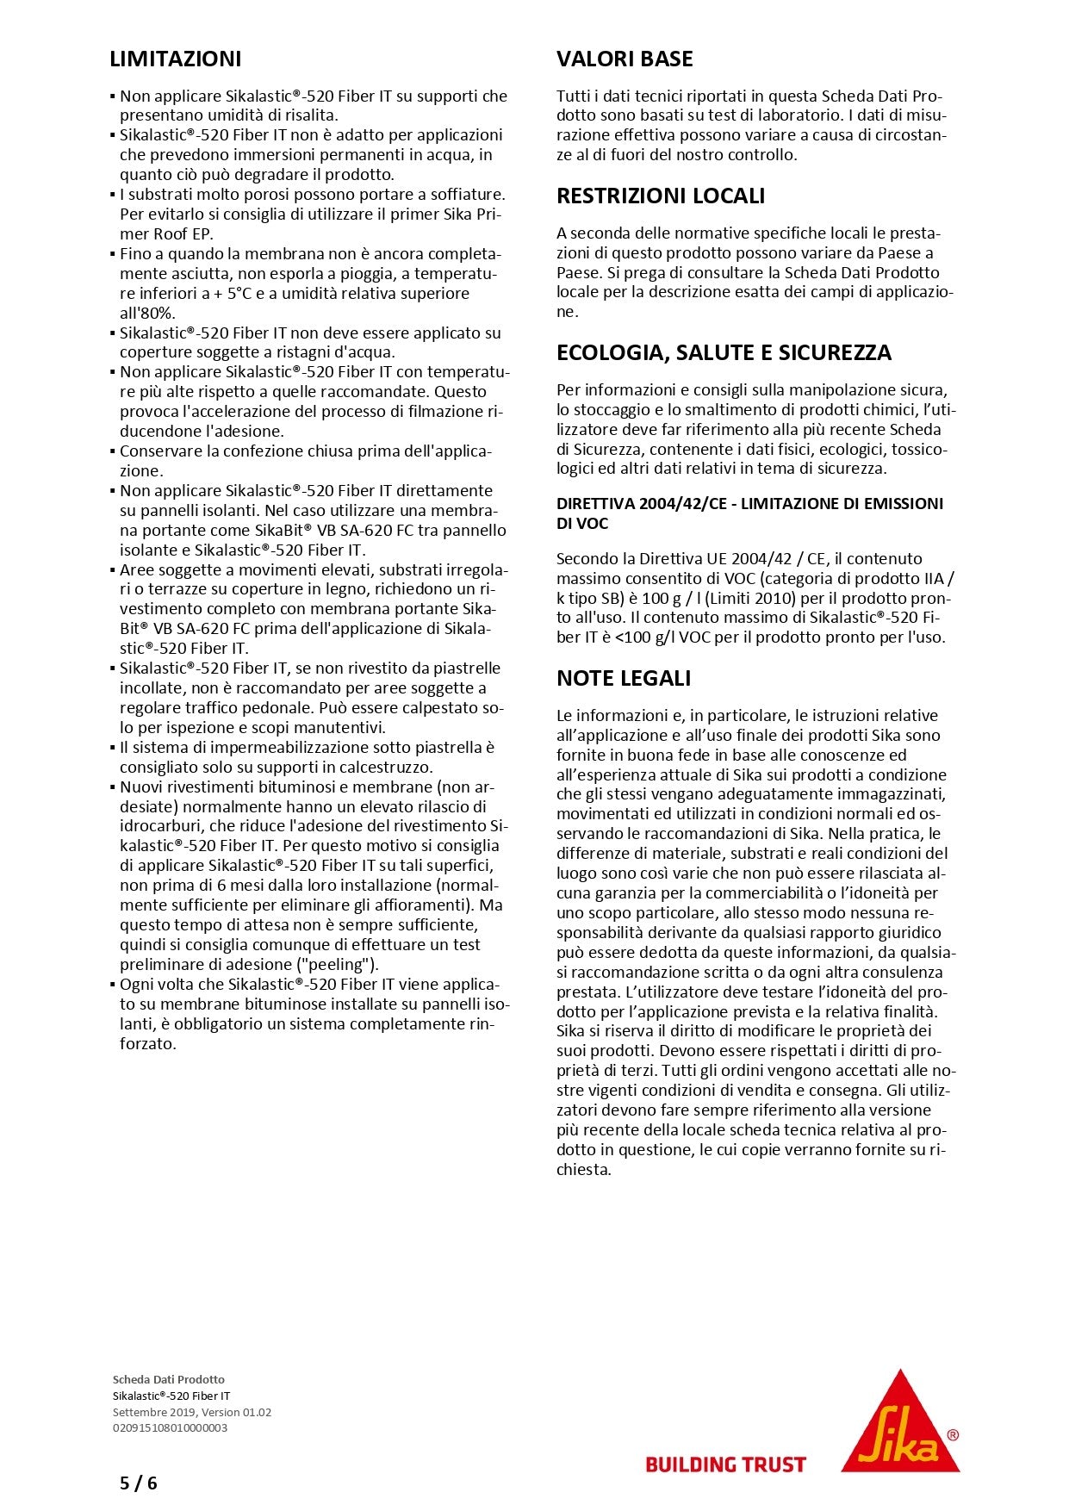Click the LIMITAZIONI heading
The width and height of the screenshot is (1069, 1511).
click(x=176, y=59)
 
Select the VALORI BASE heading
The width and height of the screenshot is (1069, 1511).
click(x=625, y=59)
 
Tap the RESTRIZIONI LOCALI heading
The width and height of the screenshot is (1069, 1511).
click(x=661, y=196)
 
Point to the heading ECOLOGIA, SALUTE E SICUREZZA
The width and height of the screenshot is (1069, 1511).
click(x=724, y=353)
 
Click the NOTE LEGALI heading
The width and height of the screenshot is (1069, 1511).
click(x=624, y=679)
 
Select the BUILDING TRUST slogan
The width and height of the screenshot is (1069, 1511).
click(x=725, y=1464)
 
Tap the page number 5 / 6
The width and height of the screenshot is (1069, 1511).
click(x=139, y=1483)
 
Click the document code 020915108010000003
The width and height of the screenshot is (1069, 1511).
click(x=170, y=1428)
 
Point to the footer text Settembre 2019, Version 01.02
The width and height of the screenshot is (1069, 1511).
click(x=191, y=1413)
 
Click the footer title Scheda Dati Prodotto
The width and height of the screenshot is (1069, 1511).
click(x=168, y=1380)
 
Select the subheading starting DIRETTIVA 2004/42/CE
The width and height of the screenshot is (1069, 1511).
click(x=749, y=513)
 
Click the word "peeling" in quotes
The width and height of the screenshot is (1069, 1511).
click(x=344, y=965)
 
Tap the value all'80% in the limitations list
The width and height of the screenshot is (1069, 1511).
click(x=147, y=314)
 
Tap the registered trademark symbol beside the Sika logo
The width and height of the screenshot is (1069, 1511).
click(x=952, y=1435)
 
